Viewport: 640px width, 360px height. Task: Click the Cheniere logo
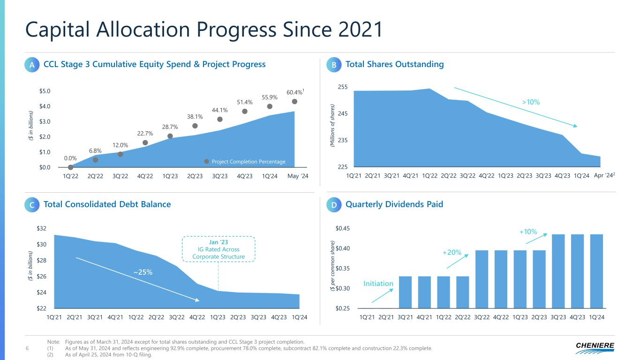(x=595, y=347)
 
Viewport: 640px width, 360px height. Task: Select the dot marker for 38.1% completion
(x=195, y=126)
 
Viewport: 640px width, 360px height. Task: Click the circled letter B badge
(x=334, y=66)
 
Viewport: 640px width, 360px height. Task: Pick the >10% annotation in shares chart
(x=530, y=101)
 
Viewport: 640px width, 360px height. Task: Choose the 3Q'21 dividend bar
(x=405, y=292)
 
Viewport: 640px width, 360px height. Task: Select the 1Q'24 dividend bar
(x=596, y=271)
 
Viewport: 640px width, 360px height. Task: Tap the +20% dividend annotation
(x=452, y=253)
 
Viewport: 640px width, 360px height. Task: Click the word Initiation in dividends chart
(x=378, y=283)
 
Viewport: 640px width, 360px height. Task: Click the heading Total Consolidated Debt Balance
(x=107, y=204)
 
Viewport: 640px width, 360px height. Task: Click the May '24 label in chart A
(x=298, y=176)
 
